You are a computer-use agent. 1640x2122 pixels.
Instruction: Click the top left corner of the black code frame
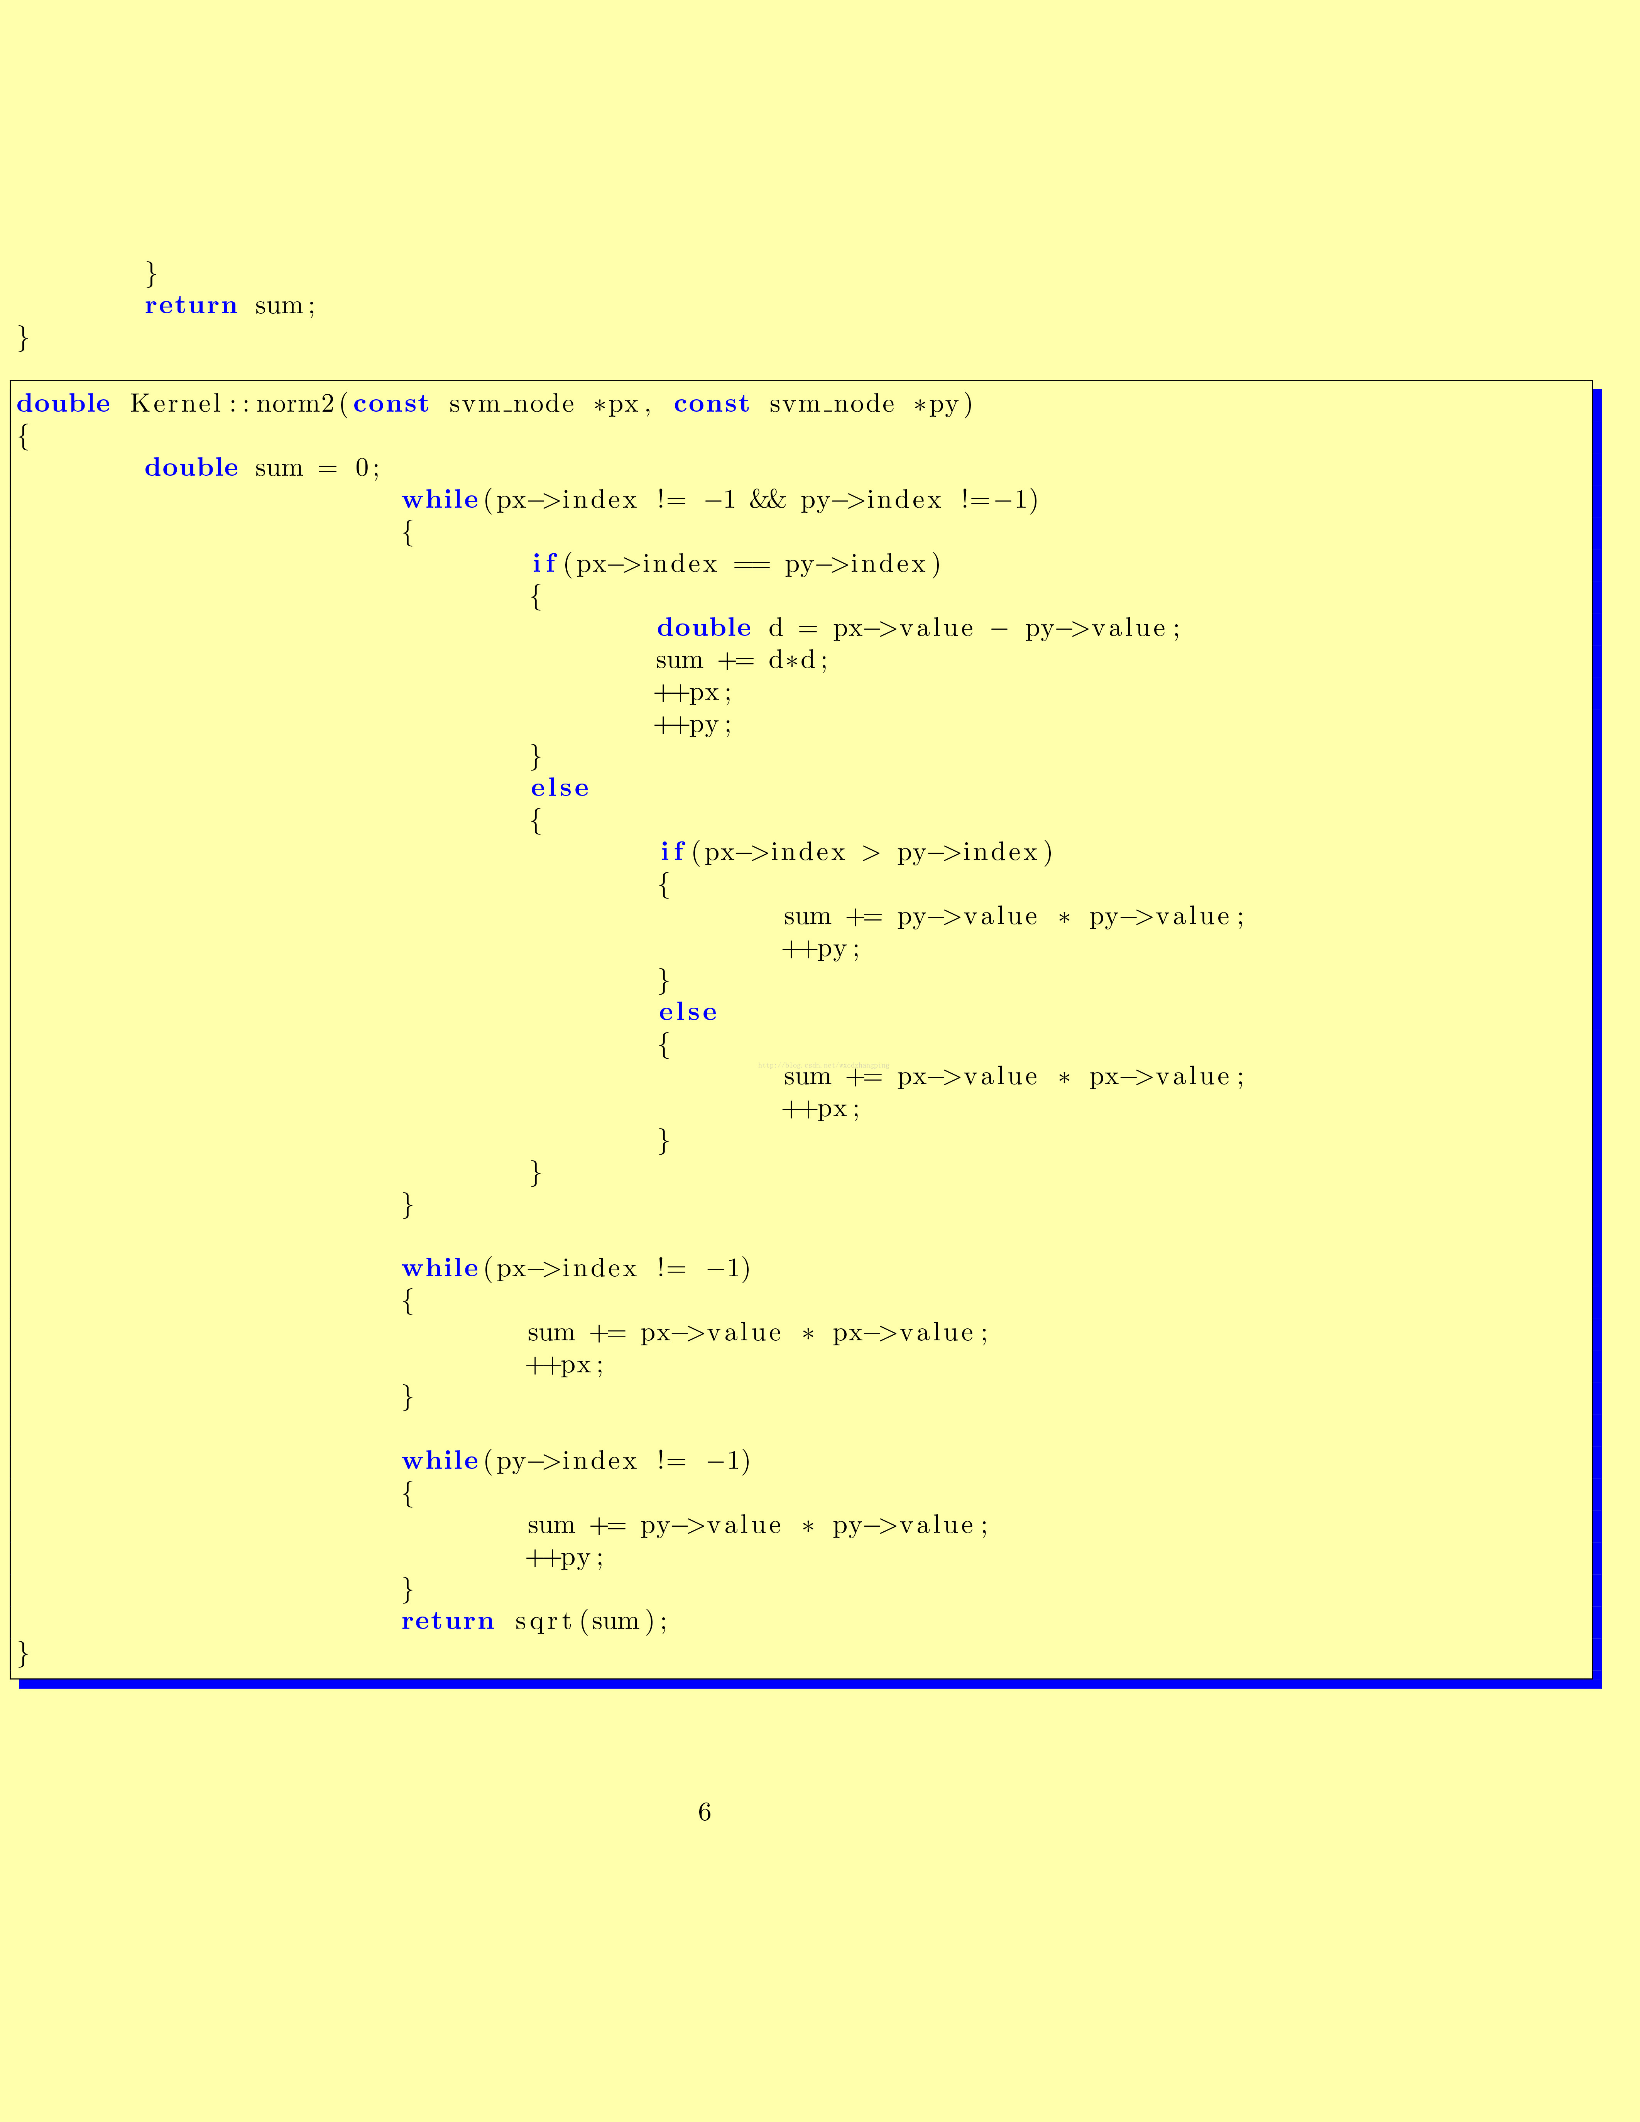click(x=11, y=381)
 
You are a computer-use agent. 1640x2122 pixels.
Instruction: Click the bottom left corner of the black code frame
click(x=11, y=1678)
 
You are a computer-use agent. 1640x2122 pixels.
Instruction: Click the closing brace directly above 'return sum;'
click(x=150, y=273)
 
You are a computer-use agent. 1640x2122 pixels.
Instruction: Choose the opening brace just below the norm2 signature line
click(x=23, y=436)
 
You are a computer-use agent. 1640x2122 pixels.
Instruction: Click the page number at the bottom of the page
click(x=704, y=1812)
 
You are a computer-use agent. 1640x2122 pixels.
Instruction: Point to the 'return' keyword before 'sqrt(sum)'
click(x=448, y=1622)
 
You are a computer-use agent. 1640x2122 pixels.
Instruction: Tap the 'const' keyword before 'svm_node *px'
click(x=391, y=404)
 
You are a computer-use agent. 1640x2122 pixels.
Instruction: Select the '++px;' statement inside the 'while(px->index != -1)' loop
click(x=565, y=1365)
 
